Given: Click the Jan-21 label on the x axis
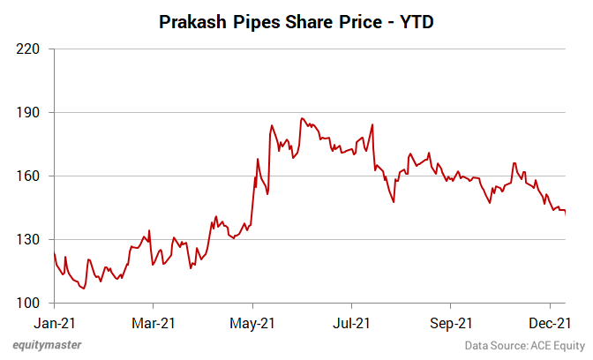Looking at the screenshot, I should pyautogui.click(x=55, y=323).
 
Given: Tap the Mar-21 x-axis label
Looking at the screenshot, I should pyautogui.click(x=154, y=323).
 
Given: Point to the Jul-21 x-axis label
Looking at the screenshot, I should pyautogui.click(x=351, y=323).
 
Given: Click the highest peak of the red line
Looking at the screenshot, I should pyautogui.click(x=302, y=118).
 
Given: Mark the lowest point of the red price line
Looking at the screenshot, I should pyautogui.click(x=84, y=289).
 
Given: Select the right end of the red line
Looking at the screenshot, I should pyautogui.click(x=565, y=213).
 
